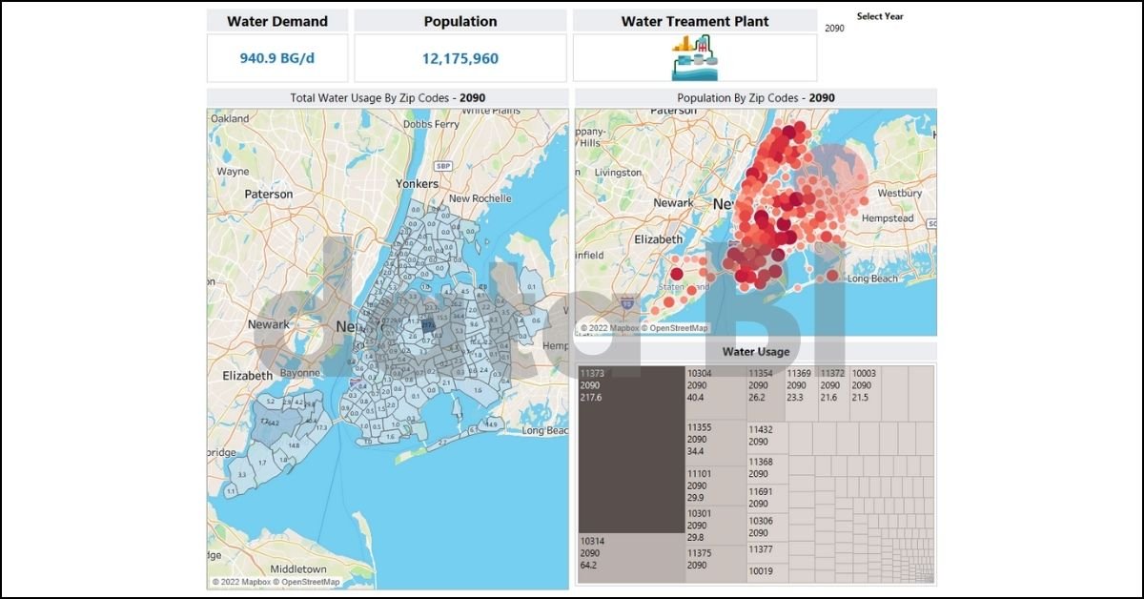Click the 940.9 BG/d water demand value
click(276, 58)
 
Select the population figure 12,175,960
click(460, 58)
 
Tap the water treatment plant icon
click(694, 58)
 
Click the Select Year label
click(879, 16)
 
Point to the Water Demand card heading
click(276, 21)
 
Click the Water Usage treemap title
click(755, 351)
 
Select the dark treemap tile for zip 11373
click(630, 448)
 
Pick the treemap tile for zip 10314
click(630, 558)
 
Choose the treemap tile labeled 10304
click(715, 391)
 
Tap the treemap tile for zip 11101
click(715, 485)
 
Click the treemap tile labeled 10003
click(865, 391)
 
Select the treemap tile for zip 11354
click(765, 391)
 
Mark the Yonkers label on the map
click(418, 183)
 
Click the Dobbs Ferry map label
click(431, 124)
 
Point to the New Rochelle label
click(480, 198)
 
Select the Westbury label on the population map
click(899, 193)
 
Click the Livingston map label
click(618, 173)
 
